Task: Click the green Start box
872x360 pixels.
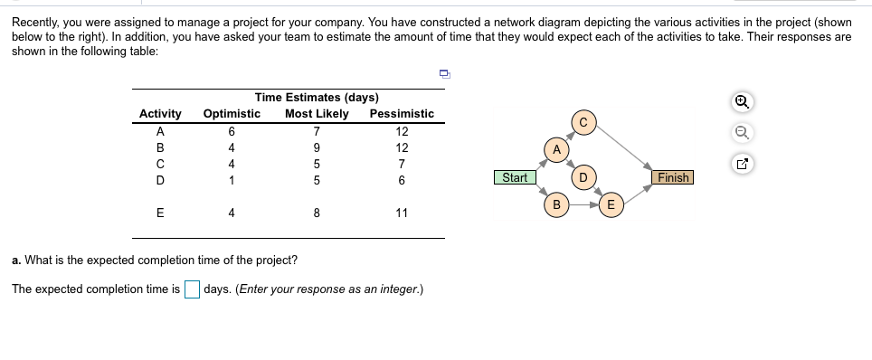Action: (x=515, y=177)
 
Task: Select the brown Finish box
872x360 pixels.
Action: (x=673, y=177)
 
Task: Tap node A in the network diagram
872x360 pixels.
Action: (x=557, y=148)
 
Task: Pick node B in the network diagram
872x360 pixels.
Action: (x=557, y=205)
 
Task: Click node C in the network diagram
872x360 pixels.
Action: (x=583, y=122)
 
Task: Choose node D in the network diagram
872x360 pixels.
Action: (x=583, y=176)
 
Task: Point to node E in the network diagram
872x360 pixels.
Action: (x=611, y=205)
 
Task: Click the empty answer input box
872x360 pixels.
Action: (x=192, y=289)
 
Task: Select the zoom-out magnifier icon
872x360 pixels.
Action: (x=741, y=134)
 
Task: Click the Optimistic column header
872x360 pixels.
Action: (x=232, y=114)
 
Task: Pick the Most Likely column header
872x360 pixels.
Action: (x=317, y=114)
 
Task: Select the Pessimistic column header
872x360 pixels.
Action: (x=402, y=114)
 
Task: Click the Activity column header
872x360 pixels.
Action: (x=160, y=114)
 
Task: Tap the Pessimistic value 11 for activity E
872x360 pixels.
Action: (x=402, y=213)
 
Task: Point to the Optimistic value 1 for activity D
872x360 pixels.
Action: (x=232, y=180)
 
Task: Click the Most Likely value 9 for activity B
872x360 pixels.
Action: (x=317, y=147)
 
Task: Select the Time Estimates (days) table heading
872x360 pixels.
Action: (x=317, y=98)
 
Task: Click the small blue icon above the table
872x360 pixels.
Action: (x=444, y=74)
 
